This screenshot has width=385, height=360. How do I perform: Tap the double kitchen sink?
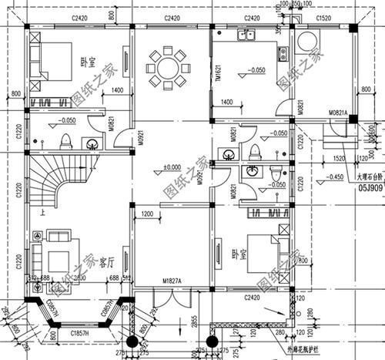pyautogui.click(x=248, y=35)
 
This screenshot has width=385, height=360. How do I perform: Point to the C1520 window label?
pyautogui.click(x=325, y=17)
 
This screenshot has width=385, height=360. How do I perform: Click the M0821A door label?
pyautogui.click(x=340, y=113)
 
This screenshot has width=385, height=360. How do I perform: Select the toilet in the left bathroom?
pyautogui.click(x=66, y=140)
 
